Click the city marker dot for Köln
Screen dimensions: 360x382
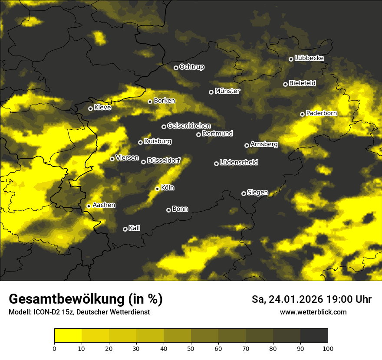tap(157, 189)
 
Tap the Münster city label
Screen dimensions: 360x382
tap(227, 91)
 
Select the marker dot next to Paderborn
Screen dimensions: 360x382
tap(302, 114)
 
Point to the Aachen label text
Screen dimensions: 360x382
tap(104, 205)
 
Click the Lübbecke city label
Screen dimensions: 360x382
tap(309, 58)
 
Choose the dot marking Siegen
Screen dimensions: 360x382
tap(244, 193)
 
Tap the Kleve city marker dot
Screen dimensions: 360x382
tap(90, 108)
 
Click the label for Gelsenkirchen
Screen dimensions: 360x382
tap(189, 126)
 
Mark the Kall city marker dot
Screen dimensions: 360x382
tap(125, 229)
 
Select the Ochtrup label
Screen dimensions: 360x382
tap(191, 67)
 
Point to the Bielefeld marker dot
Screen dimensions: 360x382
tap(285, 84)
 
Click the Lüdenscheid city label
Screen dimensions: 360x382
tap(239, 163)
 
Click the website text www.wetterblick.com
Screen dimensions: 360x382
tap(313, 312)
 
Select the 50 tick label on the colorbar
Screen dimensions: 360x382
tap(191, 348)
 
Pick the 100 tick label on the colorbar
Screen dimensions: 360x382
tap(328, 348)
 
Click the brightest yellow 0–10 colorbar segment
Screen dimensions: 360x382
tap(68, 335)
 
